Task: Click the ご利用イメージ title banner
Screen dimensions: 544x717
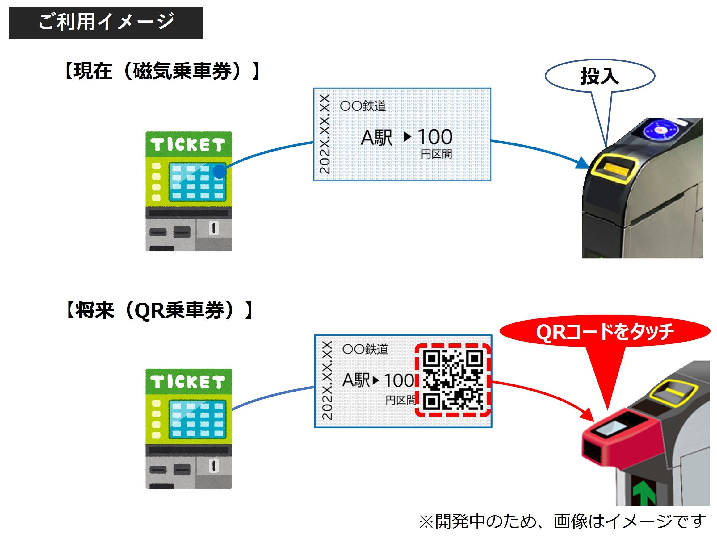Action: pos(106,23)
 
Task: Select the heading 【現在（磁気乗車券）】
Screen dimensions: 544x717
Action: pos(161,71)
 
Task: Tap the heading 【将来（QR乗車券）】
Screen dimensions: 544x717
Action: pos(159,310)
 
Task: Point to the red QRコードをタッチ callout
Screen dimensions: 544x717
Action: pos(605,332)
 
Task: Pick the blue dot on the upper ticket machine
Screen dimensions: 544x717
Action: pos(220,171)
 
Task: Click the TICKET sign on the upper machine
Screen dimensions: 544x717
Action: pos(188,144)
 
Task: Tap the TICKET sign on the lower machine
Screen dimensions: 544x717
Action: pos(188,382)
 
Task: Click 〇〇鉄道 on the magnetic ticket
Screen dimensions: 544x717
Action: pos(363,106)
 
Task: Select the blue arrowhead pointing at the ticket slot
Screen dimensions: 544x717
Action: pos(582,163)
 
